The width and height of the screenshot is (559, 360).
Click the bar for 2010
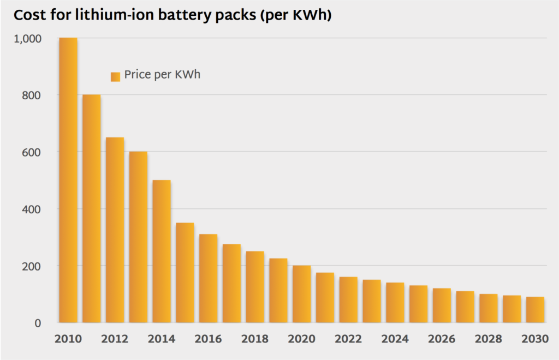(68, 180)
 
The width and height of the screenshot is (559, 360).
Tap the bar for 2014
(162, 251)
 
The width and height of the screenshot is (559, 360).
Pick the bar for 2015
(185, 273)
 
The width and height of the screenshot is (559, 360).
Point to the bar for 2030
(536, 309)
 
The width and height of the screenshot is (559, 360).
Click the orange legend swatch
(115, 76)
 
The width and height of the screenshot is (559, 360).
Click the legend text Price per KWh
(162, 75)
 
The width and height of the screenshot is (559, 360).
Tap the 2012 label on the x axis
(115, 339)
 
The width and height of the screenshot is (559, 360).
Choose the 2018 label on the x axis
(255, 339)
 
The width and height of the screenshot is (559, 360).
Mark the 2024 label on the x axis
(395, 339)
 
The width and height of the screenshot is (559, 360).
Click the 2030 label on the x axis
(536, 339)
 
